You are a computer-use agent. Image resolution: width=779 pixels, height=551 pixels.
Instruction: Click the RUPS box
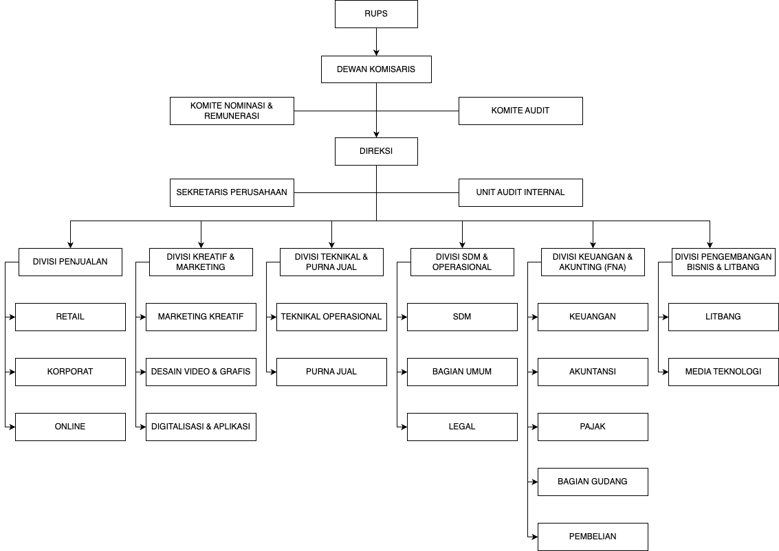click(x=376, y=14)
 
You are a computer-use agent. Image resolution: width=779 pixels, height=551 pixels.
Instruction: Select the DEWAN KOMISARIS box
click(x=376, y=69)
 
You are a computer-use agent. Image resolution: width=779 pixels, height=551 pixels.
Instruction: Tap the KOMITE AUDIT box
click(x=520, y=111)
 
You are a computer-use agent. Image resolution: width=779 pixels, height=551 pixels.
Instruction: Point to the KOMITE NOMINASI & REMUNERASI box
click(x=232, y=111)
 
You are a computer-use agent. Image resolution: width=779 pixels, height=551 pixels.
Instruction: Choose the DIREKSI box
click(x=376, y=151)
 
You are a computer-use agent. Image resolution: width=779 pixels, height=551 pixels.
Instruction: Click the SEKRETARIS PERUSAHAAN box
click(x=232, y=192)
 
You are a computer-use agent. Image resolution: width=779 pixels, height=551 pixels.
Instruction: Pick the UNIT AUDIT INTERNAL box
click(x=520, y=192)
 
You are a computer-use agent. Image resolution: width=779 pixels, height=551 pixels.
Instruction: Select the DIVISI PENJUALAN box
click(x=71, y=262)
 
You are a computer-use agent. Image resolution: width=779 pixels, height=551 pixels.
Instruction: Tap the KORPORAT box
click(x=71, y=372)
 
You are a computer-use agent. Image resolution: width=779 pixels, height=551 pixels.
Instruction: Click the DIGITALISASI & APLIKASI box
click(x=201, y=427)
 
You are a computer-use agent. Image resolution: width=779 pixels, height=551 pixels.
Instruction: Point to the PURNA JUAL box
click(x=332, y=372)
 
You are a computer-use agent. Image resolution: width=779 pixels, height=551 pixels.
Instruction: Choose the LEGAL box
click(x=463, y=427)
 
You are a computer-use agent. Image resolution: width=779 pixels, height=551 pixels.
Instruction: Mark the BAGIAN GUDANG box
click(x=593, y=482)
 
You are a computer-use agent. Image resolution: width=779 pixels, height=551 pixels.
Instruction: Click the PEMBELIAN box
click(x=593, y=537)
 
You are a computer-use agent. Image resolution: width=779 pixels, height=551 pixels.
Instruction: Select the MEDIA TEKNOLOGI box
click(x=723, y=372)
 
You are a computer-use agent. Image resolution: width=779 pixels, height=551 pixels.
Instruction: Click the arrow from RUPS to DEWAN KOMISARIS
click(x=376, y=42)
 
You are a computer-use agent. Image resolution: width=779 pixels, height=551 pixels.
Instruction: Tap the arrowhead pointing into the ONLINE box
click(x=12, y=427)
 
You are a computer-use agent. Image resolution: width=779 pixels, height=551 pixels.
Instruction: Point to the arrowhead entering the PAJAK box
click(x=534, y=427)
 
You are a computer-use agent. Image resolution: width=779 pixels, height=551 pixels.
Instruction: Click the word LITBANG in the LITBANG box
click(x=723, y=317)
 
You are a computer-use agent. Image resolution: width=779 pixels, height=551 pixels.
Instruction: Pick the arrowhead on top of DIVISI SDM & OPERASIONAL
click(x=463, y=245)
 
